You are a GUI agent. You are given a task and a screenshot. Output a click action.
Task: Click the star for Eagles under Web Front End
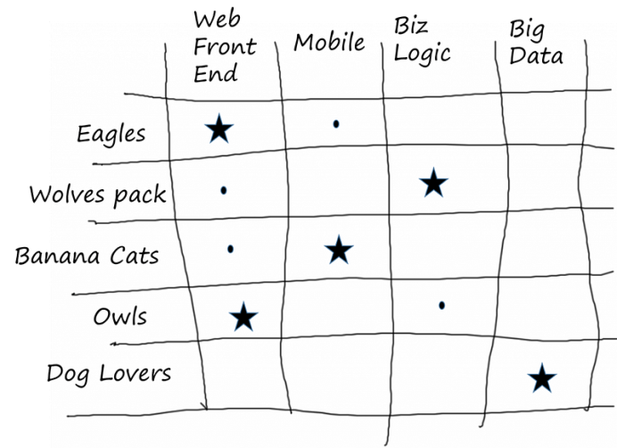pos(218,130)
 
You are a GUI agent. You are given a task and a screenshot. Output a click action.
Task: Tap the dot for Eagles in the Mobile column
pos(336,124)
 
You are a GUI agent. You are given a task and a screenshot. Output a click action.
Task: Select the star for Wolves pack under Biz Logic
pos(433,184)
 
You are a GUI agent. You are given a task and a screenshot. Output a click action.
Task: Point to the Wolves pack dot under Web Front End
pos(224,190)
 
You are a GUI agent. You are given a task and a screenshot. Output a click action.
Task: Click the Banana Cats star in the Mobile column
pos(338,251)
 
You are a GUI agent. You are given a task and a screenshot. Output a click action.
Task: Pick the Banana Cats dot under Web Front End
pos(230,249)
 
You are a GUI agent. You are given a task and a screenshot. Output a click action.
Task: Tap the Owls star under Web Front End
pos(243,316)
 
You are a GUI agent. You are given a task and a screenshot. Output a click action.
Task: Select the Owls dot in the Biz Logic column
pos(442,305)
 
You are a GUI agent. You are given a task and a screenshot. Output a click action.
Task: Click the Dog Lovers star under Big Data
pos(541,378)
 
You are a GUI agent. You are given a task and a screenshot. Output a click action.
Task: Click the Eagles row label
pos(111,135)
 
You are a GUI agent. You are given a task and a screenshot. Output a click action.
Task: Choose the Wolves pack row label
pos(96,195)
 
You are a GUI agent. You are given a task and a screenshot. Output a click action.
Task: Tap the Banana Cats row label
pos(86,256)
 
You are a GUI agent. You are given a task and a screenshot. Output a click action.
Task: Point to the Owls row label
pos(120,317)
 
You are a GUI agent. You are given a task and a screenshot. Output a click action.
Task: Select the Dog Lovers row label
pos(108,373)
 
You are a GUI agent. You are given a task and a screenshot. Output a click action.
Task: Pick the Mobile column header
pos(329,43)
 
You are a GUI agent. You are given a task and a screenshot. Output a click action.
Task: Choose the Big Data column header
pos(536,43)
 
